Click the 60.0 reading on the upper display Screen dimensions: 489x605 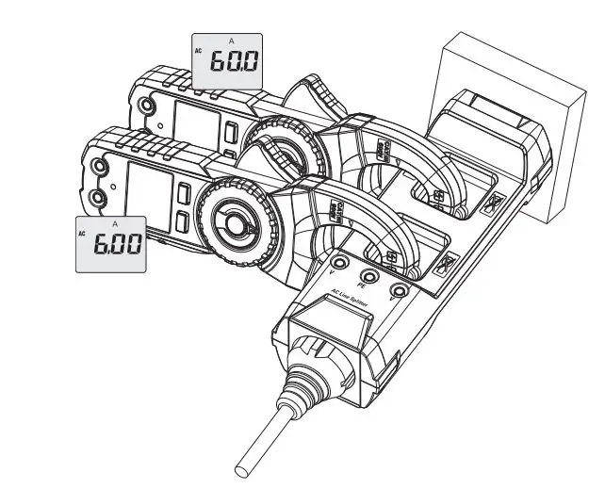coord(232,65)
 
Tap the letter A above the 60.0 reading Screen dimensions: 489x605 coord(232,41)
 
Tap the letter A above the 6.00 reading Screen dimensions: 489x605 coord(115,224)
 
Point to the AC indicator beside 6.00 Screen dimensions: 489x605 coord(83,231)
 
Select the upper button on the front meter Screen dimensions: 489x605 coord(184,195)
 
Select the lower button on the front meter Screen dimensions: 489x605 coord(185,222)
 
